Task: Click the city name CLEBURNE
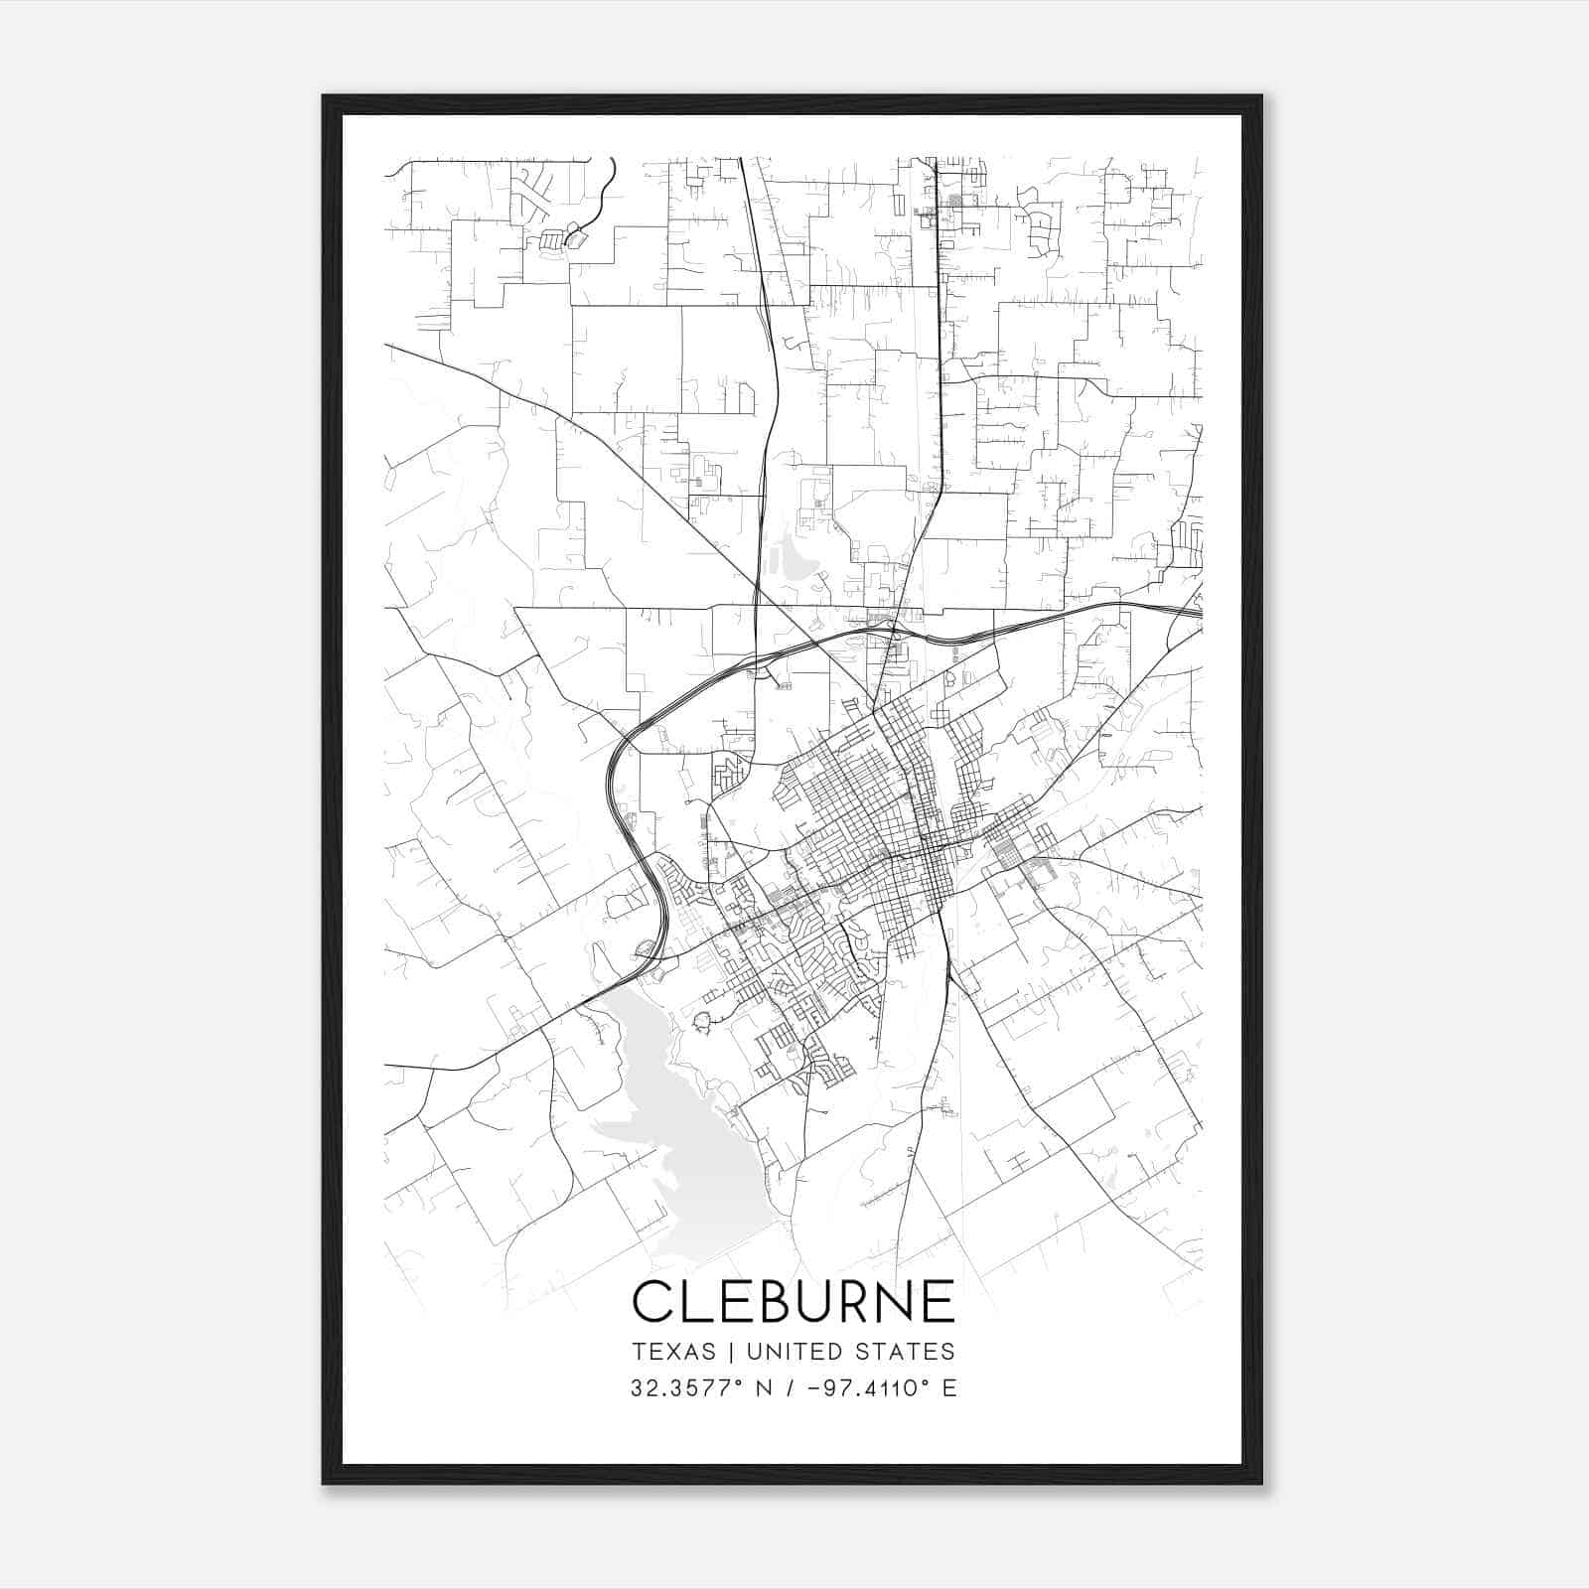pyautogui.click(x=793, y=1302)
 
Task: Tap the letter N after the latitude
pyautogui.click(x=765, y=1388)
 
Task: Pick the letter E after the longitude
pyautogui.click(x=949, y=1388)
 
